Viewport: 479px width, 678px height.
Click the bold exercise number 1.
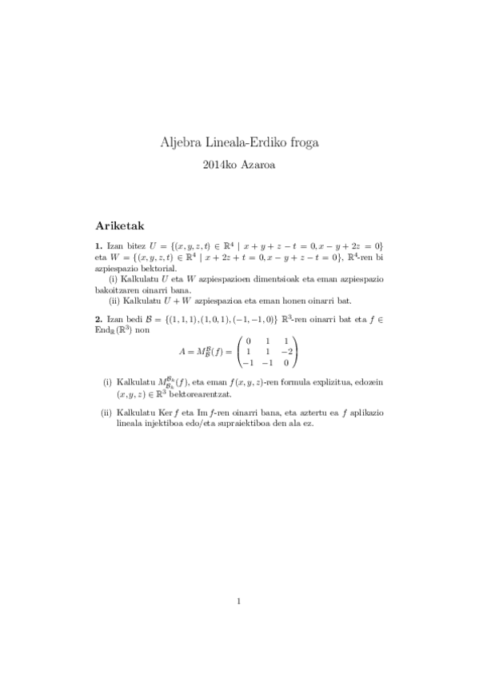(97, 245)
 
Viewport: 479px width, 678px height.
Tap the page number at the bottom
(239, 601)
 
